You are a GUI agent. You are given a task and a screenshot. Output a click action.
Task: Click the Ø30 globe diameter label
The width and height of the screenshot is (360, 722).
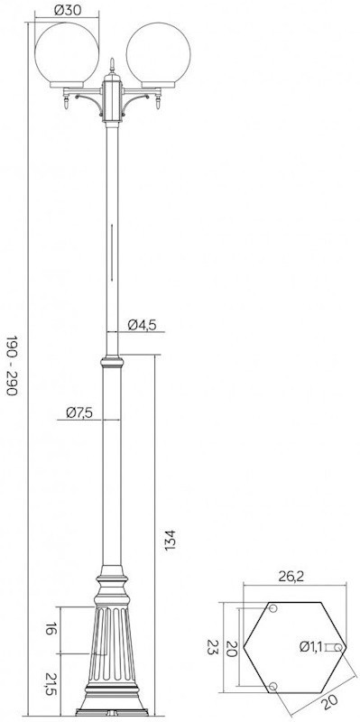tap(67, 10)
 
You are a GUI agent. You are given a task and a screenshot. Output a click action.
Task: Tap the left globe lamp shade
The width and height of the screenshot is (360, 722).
tap(67, 54)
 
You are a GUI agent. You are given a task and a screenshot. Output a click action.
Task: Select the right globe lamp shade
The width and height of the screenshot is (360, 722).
tap(159, 54)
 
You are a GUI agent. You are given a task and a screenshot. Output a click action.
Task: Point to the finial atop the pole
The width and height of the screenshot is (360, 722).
tap(112, 66)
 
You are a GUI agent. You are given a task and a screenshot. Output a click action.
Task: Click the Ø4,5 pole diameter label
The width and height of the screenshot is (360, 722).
tap(143, 325)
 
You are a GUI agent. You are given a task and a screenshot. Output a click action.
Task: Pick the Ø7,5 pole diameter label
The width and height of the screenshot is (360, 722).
tap(78, 412)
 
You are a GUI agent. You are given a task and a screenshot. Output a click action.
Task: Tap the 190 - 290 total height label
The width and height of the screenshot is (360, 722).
tap(12, 366)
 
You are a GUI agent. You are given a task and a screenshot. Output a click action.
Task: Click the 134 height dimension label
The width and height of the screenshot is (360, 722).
tap(170, 540)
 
